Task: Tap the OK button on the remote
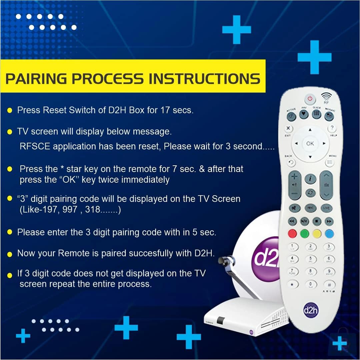pos(310,143)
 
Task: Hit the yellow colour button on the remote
pos(317,233)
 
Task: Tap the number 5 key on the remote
pos(311,259)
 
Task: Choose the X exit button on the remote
pos(289,128)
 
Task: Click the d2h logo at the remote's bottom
pos(311,310)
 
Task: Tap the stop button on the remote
pos(317,221)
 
